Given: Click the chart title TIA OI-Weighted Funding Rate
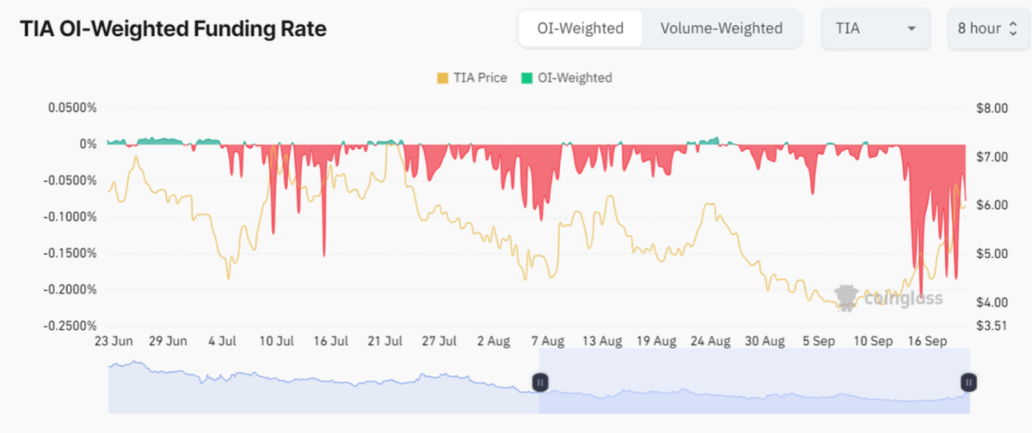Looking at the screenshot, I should pyautogui.click(x=173, y=28).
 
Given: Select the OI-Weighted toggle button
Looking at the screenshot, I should pyautogui.click(x=580, y=28).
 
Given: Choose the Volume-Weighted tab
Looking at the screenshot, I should pyautogui.click(x=722, y=28).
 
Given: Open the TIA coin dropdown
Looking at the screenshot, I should pyautogui.click(x=875, y=28).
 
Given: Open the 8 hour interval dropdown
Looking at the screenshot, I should pyautogui.click(x=987, y=28).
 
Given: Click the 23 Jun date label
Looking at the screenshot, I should pyautogui.click(x=114, y=341).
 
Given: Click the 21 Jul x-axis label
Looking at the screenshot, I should pyautogui.click(x=385, y=341).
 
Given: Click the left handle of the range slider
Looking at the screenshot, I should pyautogui.click(x=540, y=381).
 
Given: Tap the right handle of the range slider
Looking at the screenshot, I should pyautogui.click(x=968, y=381).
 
